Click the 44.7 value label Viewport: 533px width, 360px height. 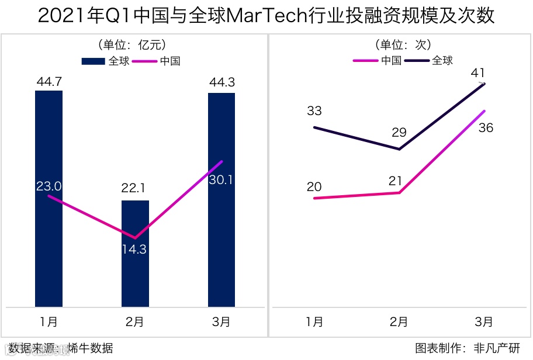tap(49, 81)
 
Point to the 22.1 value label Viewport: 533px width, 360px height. tap(135, 188)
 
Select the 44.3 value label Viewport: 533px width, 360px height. tap(221, 82)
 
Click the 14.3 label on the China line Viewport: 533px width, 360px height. tap(134, 249)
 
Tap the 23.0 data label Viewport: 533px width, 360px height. tap(49, 186)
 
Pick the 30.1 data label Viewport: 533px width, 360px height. tap(221, 180)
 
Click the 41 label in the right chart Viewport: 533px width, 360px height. tap(478, 73)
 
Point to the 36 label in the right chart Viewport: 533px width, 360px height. tap(486, 127)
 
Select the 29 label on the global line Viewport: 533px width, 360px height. tap(399, 133)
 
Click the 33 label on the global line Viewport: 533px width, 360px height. tap(314, 111)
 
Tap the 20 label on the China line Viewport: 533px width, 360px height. tap(314, 187)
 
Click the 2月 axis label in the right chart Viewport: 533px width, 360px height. tap(399, 321)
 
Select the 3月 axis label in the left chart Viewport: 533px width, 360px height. tap(221, 321)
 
